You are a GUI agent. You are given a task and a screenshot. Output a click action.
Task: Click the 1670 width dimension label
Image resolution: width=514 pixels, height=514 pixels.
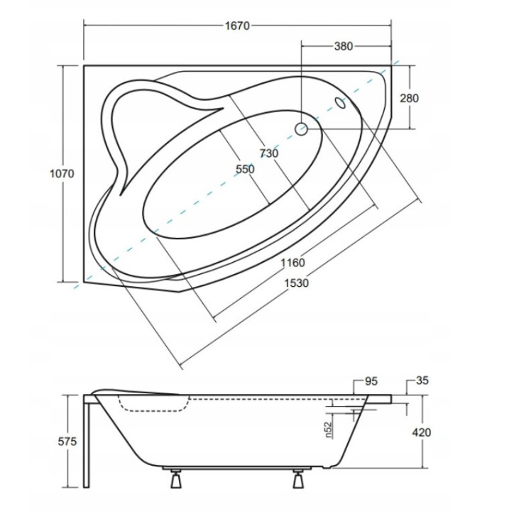pos(237,26)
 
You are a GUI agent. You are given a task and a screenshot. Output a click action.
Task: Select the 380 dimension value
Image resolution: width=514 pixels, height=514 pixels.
pos(343,46)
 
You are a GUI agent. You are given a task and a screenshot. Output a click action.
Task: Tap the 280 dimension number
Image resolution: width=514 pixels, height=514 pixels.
pos(409,98)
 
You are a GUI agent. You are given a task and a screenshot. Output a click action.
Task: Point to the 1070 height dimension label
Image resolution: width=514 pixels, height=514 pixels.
pos(62,173)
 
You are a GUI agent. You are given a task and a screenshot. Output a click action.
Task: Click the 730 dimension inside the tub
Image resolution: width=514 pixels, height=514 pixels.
pos(269,153)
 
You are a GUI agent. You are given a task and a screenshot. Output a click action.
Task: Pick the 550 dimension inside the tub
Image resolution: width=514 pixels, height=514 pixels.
pos(245,169)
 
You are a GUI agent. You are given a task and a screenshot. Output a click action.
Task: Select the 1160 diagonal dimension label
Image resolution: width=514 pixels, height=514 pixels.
pos(292,263)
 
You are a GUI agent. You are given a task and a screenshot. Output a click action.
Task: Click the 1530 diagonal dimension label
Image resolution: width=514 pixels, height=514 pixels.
pos(296,283)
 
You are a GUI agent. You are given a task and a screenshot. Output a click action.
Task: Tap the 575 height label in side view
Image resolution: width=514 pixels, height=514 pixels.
pos(67,442)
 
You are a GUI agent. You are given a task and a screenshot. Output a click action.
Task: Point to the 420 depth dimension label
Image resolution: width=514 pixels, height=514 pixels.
pos(421,432)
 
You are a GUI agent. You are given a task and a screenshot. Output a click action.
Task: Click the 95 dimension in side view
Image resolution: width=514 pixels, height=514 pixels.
pos(371,381)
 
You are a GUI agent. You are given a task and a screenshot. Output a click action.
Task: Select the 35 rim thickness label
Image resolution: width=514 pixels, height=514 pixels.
pos(422,381)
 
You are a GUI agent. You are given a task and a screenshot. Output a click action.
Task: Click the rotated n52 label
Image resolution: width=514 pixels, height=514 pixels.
pos(329,430)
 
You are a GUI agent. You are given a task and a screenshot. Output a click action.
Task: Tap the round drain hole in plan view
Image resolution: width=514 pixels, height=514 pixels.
pos(300,128)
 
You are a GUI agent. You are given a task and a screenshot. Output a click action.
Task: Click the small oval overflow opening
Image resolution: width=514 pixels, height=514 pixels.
pos(340,103)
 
